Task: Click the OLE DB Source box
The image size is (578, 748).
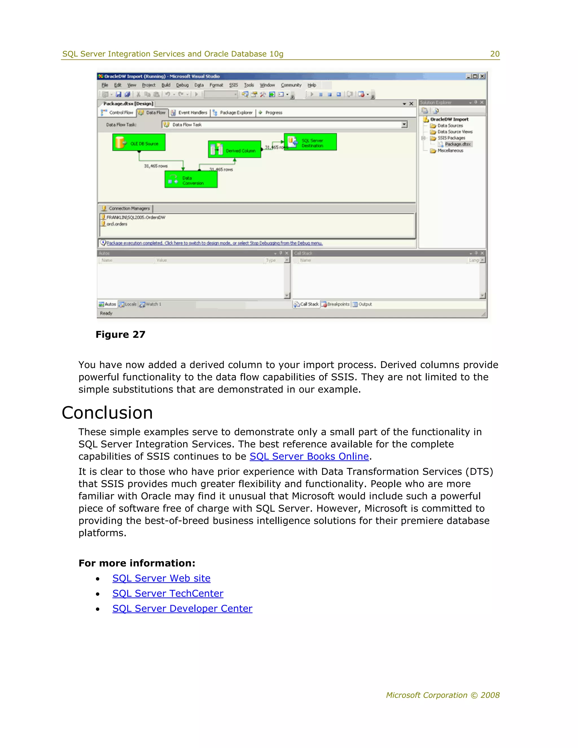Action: [x=139, y=143]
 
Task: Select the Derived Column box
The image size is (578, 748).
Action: [x=235, y=150]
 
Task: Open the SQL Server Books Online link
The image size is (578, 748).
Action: [x=309, y=456]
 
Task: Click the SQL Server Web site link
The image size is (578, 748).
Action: [x=161, y=578]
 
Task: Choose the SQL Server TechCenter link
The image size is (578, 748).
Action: [x=168, y=594]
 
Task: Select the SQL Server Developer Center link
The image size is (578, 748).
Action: [x=182, y=609]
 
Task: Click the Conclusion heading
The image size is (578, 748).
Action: [x=107, y=413]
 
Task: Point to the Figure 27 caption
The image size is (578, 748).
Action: [x=121, y=334]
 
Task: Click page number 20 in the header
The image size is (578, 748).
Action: [x=494, y=54]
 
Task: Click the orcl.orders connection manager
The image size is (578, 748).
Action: [x=117, y=224]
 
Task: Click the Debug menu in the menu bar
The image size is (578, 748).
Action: [x=182, y=85]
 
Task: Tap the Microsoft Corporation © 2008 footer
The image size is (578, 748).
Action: [x=443, y=695]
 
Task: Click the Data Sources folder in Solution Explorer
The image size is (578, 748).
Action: [x=450, y=126]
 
